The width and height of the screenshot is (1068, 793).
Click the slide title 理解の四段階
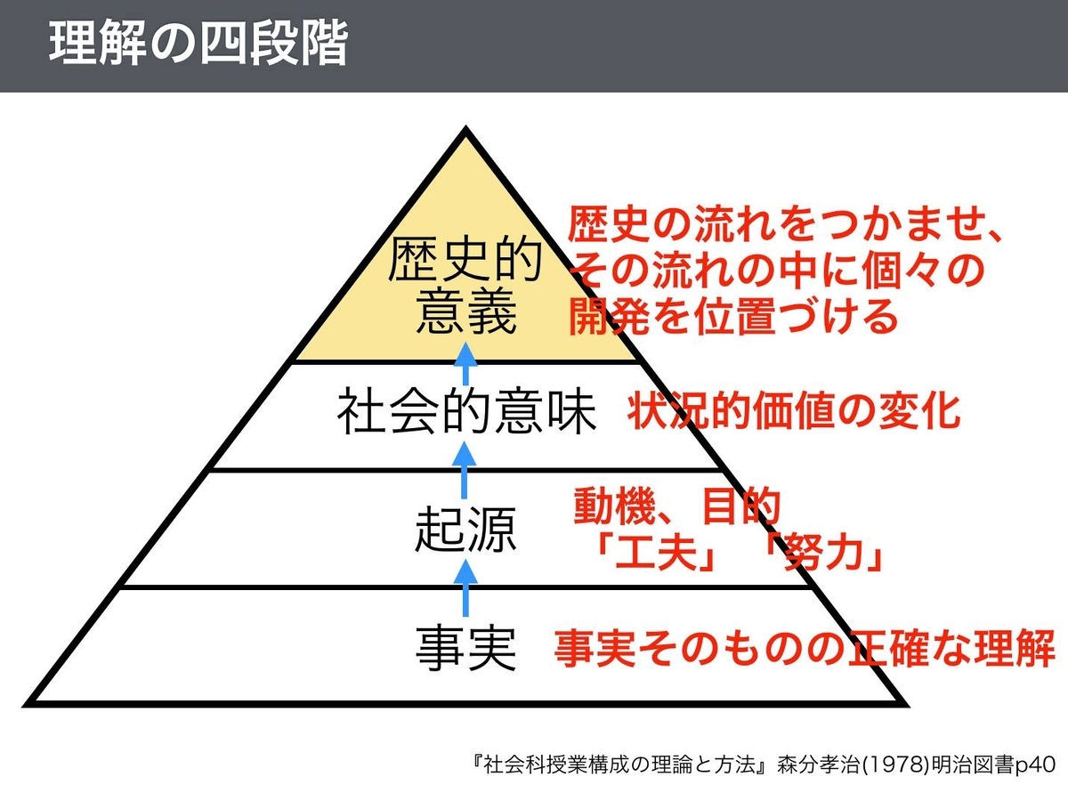198,45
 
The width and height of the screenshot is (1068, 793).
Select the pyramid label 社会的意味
465,414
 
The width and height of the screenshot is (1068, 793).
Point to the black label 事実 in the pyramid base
465,649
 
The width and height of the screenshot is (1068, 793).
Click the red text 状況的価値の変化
795,412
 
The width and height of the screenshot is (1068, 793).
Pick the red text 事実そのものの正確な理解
805,649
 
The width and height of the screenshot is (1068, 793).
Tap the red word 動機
606,507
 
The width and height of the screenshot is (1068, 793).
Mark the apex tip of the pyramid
465,131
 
